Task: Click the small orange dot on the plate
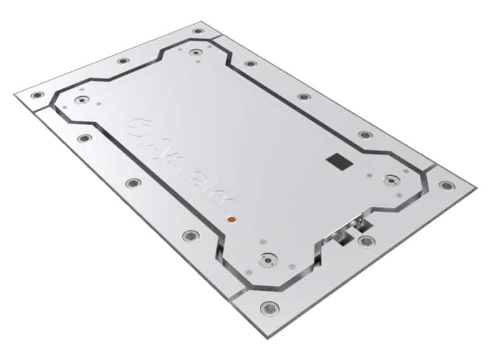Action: click(x=231, y=219)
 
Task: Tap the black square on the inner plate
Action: click(x=336, y=162)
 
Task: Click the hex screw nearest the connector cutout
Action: click(x=366, y=241)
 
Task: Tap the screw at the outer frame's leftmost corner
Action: click(x=37, y=95)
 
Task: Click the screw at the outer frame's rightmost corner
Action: click(x=447, y=186)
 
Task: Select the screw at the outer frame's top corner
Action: click(x=198, y=31)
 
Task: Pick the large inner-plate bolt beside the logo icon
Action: click(x=80, y=100)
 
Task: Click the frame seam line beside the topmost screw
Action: click(x=216, y=39)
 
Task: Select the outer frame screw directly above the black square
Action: click(x=365, y=135)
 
